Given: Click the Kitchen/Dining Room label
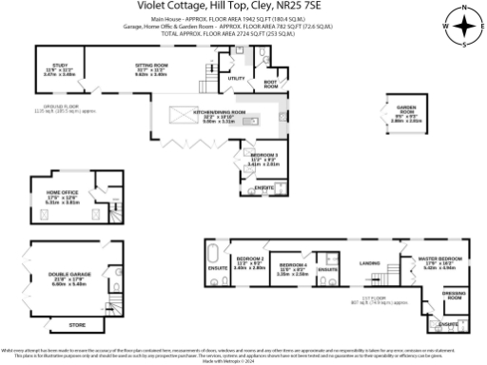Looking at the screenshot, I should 220,112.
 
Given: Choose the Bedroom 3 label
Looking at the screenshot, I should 262,154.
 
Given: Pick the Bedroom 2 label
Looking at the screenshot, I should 248,259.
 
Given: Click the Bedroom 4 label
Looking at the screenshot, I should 291,263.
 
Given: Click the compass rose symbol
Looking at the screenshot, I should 463,27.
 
